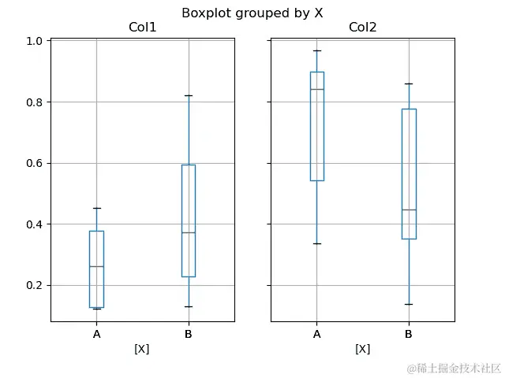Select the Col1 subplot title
[142, 28]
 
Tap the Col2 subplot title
[362, 28]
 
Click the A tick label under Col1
[96, 335]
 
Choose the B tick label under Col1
[188, 335]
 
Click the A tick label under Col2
[316, 335]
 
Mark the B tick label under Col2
[409, 335]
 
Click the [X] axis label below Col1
[142, 349]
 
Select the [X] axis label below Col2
[362, 349]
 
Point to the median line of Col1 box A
[96, 267]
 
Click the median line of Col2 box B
[409, 210]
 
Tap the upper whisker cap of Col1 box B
[188, 95]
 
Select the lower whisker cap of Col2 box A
[316, 243]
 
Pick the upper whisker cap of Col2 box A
[316, 50]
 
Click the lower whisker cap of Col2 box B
[409, 304]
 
